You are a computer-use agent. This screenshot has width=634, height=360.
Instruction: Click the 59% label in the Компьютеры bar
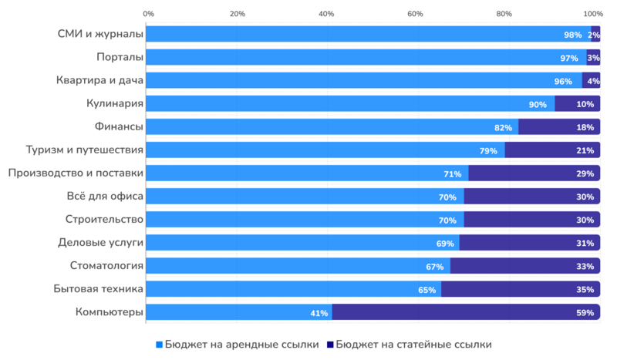[x=584, y=313]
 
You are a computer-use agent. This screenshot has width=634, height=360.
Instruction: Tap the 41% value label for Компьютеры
[x=319, y=313]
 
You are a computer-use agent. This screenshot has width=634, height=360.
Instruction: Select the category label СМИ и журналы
[x=100, y=34]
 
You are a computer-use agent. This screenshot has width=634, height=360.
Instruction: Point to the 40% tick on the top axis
[x=326, y=14]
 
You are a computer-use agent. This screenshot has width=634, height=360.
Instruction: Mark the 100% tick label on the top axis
[x=593, y=14]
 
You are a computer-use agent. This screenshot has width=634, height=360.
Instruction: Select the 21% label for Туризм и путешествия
[x=584, y=150]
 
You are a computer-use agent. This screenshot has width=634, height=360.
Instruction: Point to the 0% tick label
[x=149, y=14]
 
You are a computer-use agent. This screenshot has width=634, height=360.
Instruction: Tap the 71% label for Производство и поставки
[x=453, y=174]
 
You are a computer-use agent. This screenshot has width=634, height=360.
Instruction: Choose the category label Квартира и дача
[x=99, y=80]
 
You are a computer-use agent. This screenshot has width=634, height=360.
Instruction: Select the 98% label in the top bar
[x=572, y=35]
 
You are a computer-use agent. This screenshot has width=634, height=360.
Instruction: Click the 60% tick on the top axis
[x=415, y=14]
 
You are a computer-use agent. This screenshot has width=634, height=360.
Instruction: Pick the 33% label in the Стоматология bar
[x=584, y=267]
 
